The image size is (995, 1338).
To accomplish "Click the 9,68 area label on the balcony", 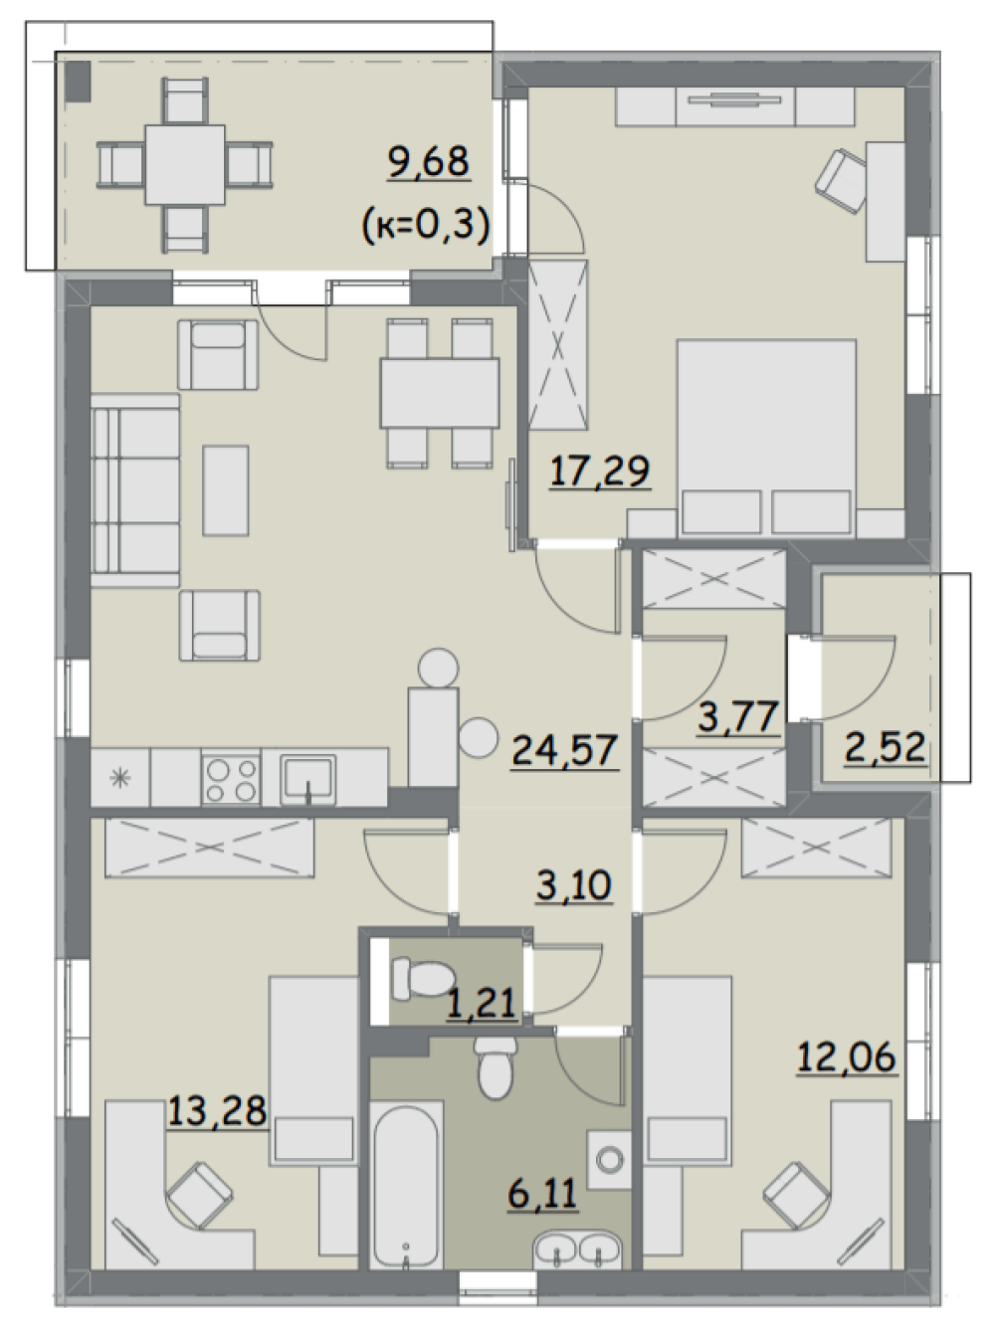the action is coord(429,163).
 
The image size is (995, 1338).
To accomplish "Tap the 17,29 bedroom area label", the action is coord(600,472).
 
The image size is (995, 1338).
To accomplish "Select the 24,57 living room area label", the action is coord(565,751).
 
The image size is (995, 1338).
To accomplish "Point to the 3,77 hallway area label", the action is coord(738,718).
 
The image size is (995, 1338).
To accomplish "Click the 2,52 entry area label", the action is coord(885,747).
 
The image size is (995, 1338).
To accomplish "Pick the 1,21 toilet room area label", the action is coord(482,1003).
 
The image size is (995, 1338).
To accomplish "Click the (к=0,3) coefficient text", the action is coord(426,226).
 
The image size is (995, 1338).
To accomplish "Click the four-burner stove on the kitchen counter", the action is coord(231,779).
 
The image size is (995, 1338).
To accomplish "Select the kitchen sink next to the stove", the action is coord(307,779).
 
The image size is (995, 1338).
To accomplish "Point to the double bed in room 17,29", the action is coord(766,438).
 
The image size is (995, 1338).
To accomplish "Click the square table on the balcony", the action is coord(185,165).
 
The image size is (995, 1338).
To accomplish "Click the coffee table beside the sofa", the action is coord(226,490).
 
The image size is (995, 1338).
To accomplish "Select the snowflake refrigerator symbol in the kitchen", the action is coord(120,778).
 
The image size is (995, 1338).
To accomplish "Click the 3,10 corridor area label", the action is coord(574,885).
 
